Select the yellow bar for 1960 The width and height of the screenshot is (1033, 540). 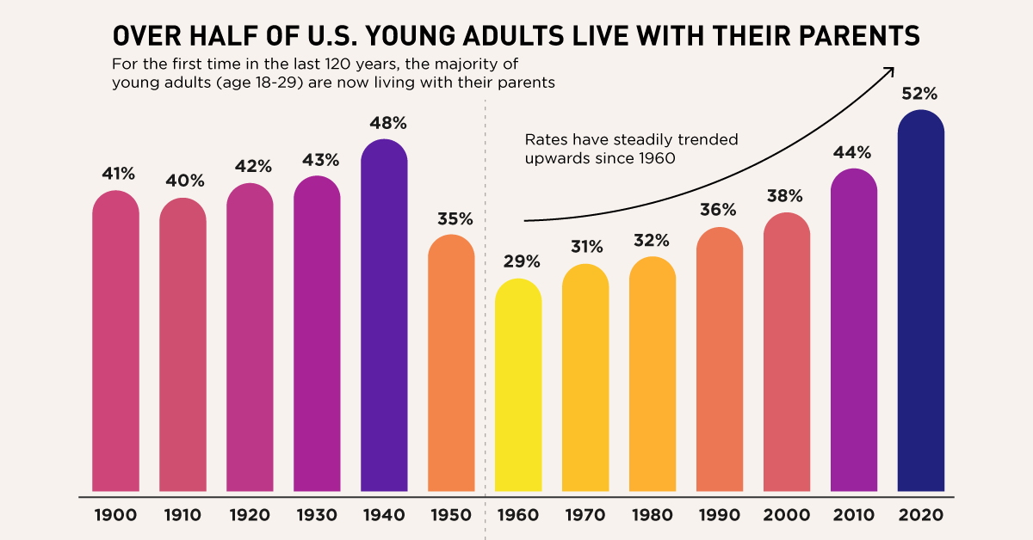(518, 387)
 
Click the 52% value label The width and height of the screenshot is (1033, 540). (920, 94)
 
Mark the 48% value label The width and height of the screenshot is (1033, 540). (384, 122)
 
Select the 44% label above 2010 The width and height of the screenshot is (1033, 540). (853, 152)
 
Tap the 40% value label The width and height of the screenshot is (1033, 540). (182, 181)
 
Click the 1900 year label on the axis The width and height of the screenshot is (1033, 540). (115, 516)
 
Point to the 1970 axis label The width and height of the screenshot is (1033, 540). (585, 516)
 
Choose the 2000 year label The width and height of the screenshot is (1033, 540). (786, 516)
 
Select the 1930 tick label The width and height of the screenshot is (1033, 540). (317, 516)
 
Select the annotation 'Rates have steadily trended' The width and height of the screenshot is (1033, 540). (632, 139)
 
